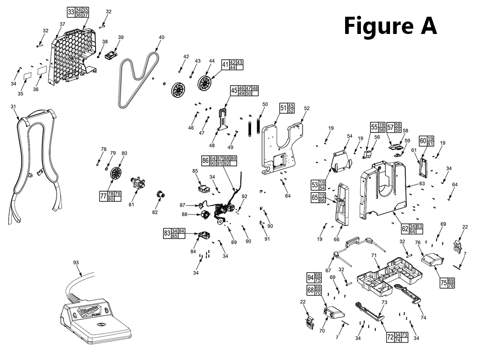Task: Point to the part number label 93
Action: click(76, 262)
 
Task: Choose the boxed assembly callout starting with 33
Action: click(78, 12)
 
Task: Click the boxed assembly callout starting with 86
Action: click(219, 161)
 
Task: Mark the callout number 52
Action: click(306, 109)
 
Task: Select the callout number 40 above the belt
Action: click(161, 37)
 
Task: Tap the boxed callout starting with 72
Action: click(397, 338)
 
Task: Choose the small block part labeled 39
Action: click(111, 55)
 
